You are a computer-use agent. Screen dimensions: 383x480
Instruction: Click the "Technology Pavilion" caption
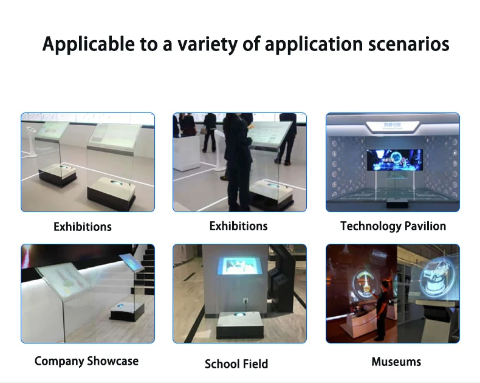point(393,226)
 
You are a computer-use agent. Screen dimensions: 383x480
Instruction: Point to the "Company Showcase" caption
point(86,361)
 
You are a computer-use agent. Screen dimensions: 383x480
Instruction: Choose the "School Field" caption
point(236,364)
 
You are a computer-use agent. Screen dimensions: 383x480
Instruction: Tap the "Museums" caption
point(396,362)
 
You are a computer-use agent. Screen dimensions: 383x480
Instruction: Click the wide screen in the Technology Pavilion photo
point(391,158)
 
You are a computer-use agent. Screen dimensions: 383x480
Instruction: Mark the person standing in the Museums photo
point(382,311)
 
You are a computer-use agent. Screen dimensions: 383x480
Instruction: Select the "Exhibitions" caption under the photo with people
point(238,226)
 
